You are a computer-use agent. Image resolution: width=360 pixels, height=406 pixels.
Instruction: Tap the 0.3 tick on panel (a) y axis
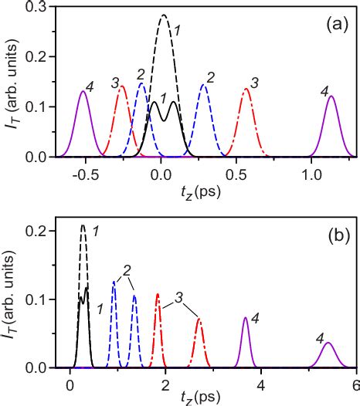36,7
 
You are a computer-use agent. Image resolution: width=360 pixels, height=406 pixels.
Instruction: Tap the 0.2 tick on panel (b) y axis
36,231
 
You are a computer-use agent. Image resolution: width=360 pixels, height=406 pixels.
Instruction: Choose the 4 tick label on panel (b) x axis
261,384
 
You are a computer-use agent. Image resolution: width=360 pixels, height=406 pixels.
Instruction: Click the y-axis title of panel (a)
12,90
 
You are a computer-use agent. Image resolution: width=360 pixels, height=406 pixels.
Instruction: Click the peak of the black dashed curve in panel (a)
164,15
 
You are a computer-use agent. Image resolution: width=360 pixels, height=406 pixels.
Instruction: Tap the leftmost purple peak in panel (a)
83,91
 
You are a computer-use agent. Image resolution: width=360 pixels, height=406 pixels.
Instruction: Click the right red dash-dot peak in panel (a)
246,89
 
